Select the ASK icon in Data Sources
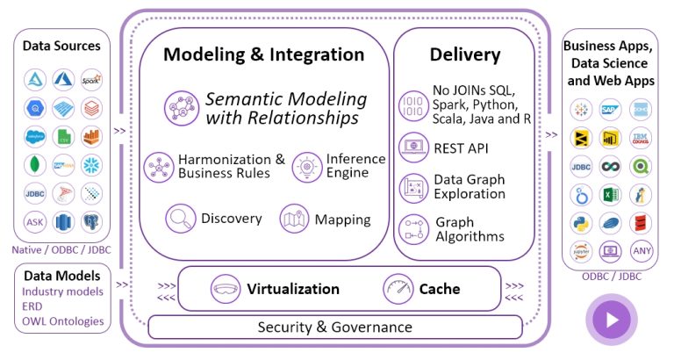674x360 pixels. pos(35,222)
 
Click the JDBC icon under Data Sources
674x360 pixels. pos(35,193)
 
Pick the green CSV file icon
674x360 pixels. pos(63,136)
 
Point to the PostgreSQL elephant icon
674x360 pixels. pos(91,222)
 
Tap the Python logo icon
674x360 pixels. pos(581,221)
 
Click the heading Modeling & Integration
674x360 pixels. pos(264,54)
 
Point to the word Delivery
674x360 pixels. pos(465,54)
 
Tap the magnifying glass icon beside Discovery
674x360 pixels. pos(181,218)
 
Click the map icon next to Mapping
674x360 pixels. pos(293,219)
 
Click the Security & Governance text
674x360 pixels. pos(334,327)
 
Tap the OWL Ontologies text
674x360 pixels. pos(63,320)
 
